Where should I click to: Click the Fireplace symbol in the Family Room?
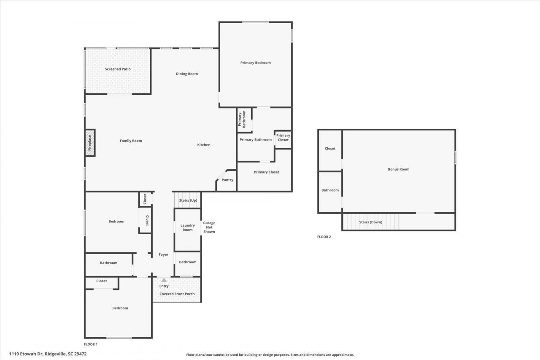click(90, 143)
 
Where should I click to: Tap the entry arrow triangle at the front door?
click(164, 280)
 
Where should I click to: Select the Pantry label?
click(227, 180)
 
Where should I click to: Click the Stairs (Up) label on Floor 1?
click(188, 200)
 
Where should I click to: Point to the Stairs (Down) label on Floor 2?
click(370, 222)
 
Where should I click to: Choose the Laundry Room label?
click(188, 227)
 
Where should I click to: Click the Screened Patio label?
click(118, 69)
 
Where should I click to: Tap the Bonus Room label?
click(399, 169)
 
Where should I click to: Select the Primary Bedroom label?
click(256, 63)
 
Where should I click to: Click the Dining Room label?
click(187, 74)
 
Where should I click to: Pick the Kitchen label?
click(204, 145)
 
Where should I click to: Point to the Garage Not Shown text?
click(209, 227)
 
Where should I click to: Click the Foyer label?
click(163, 254)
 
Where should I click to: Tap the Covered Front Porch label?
click(177, 294)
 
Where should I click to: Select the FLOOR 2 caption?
click(324, 237)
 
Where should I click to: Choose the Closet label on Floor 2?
click(330, 149)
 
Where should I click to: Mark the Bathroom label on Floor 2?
click(330, 190)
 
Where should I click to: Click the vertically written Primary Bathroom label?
click(242, 119)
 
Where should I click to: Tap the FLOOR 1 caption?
click(91, 344)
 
